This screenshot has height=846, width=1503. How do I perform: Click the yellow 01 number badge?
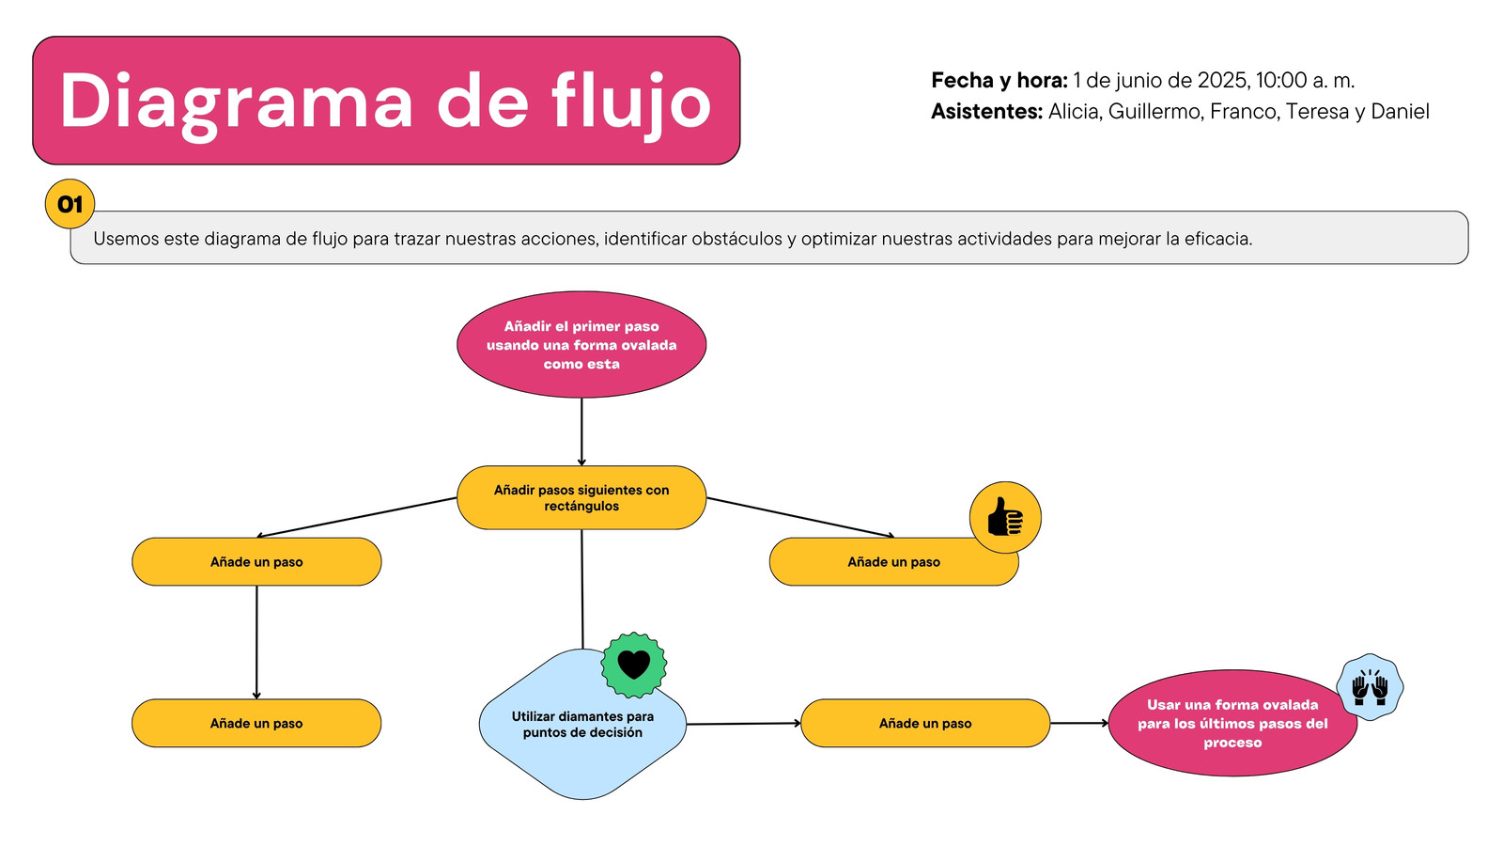70,203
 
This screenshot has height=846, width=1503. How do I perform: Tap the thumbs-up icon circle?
1005,517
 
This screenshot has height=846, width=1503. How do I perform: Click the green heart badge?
634,665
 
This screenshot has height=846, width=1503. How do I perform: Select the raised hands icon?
1370,687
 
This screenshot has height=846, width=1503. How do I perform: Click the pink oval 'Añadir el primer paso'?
581,344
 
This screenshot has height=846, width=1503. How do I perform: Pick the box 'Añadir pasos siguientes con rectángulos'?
581,497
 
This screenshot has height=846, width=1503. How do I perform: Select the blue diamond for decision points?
582,724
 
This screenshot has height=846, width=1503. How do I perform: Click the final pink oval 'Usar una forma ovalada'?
1232,723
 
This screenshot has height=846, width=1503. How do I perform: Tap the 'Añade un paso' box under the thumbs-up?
893,561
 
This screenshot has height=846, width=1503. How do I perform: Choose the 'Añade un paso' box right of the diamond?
925,723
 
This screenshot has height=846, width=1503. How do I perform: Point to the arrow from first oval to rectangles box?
581,431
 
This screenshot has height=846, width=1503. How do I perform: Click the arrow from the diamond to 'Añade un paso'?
743,724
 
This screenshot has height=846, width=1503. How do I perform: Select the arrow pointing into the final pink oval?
1079,723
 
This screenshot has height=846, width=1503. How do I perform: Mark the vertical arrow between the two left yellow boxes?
256,643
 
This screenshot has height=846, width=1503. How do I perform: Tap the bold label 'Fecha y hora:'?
999,81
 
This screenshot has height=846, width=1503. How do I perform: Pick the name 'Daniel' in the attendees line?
1400,112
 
